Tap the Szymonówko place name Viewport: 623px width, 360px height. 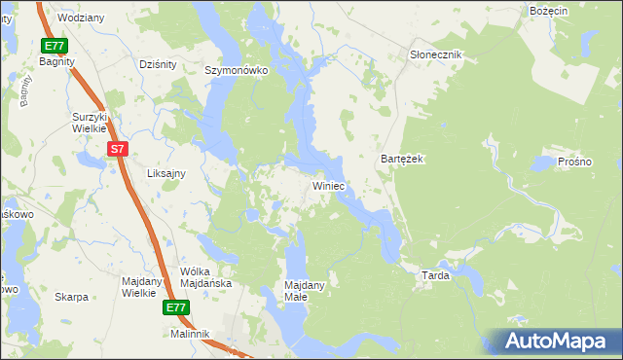(236, 70)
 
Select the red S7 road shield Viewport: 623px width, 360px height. (117, 148)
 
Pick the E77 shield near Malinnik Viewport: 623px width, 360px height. (175, 307)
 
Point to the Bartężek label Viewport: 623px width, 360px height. (402, 159)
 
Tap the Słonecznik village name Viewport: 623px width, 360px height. (435, 54)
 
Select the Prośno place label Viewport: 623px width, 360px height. (575, 162)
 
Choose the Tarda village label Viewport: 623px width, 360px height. (434, 275)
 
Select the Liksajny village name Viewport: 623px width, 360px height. (165, 172)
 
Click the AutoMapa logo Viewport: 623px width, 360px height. (558, 341)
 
